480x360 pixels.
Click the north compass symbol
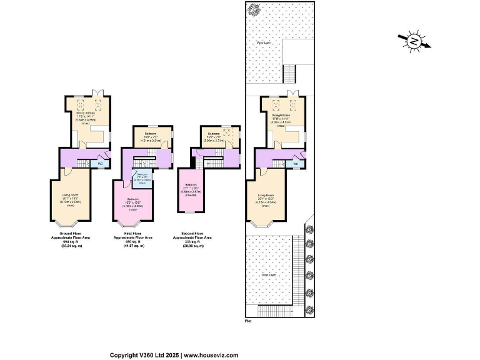point(414,41)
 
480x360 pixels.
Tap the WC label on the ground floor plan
point(99,164)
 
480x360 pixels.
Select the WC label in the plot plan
point(296,164)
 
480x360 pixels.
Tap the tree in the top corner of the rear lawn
point(254,10)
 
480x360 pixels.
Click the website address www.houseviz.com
point(211,355)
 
